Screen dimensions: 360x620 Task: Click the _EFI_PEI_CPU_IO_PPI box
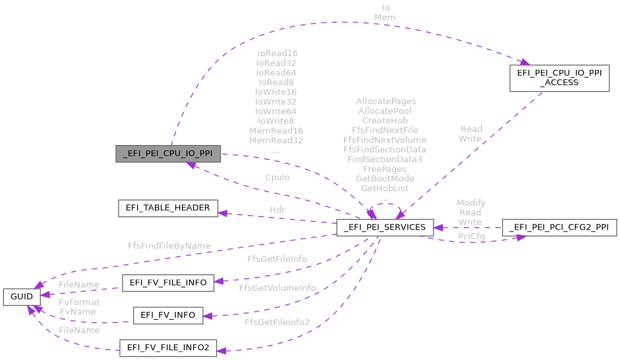[167, 155]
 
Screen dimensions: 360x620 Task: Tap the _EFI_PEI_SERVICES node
[385, 227]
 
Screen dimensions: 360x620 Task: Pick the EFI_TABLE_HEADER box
[167, 208]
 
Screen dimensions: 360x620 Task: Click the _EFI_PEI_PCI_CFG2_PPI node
[559, 227]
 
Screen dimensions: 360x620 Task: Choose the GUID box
[22, 296]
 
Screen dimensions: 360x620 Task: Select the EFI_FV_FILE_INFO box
[167, 283]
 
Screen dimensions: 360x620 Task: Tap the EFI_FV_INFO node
[167, 315]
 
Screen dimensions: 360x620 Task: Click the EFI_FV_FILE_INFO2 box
[167, 347]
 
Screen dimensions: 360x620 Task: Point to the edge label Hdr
[277, 210]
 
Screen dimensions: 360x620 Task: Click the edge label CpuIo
[277, 177]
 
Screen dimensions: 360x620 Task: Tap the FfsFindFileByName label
[169, 246]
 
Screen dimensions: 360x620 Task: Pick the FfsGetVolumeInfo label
[277, 288]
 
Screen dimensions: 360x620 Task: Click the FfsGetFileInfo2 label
[277, 322]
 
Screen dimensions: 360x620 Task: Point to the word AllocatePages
[385, 102]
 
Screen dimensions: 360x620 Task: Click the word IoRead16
[277, 53]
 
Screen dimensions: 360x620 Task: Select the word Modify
[470, 203]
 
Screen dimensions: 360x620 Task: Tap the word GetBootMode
[385, 179]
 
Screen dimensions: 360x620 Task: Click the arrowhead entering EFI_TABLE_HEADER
[222, 212]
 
